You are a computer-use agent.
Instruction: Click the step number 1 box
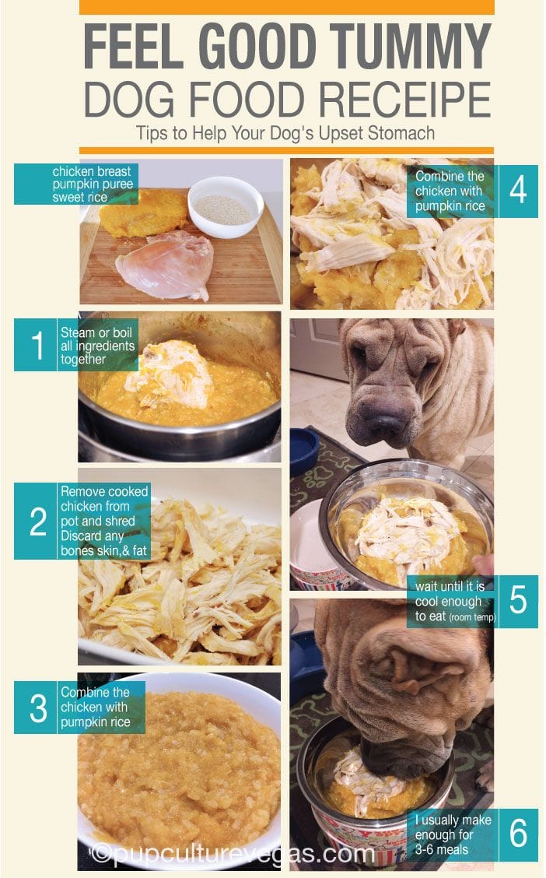[x=36, y=345]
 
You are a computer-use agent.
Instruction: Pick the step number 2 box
[x=36, y=521]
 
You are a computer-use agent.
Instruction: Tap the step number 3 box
[x=36, y=708]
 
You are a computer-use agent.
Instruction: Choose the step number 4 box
[x=518, y=191]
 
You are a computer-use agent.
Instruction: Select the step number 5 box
[x=518, y=601]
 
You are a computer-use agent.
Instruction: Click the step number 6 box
[x=518, y=835]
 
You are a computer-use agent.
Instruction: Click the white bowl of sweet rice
[x=226, y=206]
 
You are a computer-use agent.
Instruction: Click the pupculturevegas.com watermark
[x=232, y=853]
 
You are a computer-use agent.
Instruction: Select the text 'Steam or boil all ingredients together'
[x=97, y=346]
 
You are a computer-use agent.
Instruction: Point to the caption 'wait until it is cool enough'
[x=450, y=594]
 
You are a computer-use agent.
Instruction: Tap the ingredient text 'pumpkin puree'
[x=93, y=184]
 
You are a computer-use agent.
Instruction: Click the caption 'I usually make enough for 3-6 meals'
[x=453, y=835]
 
